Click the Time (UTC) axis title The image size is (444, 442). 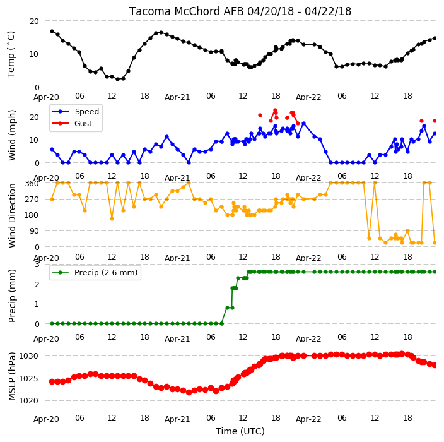pyautogui.click(x=240, y=431)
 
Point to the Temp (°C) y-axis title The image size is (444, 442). pyautogui.click(x=11, y=54)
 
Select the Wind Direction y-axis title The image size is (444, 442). pyautogui.click(x=12, y=216)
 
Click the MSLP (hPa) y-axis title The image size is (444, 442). pyautogui.click(x=12, y=376)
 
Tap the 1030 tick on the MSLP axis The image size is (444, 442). pyautogui.click(x=28, y=356)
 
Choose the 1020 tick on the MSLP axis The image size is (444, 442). pyautogui.click(x=28, y=400)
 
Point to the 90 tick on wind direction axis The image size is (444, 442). pyautogui.click(x=34, y=231)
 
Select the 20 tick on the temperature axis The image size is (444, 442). pyautogui.click(x=34, y=21)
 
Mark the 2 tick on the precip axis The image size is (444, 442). pyautogui.click(x=37, y=284)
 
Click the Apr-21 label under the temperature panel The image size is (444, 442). pyautogui.click(x=177, y=97)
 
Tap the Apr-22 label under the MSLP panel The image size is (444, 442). pyautogui.click(x=308, y=419)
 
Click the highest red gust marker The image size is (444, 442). pyautogui.click(x=275, y=110)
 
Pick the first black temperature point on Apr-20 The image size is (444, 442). pyautogui.click(x=52, y=31)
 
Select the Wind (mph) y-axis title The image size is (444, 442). pyautogui.click(x=12, y=136)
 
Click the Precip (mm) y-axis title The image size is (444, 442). pyautogui.click(x=12, y=296)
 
